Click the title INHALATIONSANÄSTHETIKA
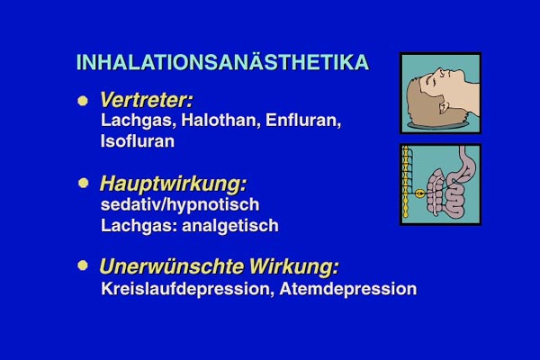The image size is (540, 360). [x=222, y=62]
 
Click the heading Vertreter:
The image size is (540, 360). [x=147, y=100]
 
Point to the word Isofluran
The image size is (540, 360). [x=138, y=141]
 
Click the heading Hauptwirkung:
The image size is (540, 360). [x=173, y=184]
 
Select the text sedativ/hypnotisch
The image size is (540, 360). [x=180, y=205]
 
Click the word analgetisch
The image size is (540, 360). [x=230, y=226]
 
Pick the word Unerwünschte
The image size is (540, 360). [x=172, y=266]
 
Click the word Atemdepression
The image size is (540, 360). [x=347, y=289]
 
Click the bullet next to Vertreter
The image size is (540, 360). [x=83, y=101]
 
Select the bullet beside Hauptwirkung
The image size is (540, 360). [x=83, y=183]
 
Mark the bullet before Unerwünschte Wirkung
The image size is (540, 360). [x=83, y=265]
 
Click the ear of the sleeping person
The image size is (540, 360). [x=443, y=106]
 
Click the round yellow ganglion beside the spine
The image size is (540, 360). [x=419, y=194]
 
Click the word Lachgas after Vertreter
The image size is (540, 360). [x=138, y=121]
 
